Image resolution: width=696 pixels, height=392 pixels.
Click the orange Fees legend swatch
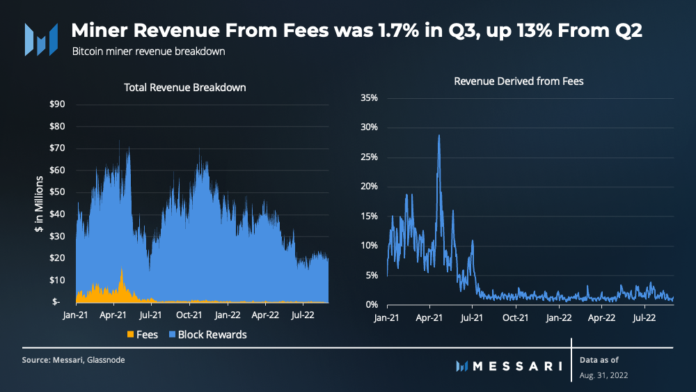coord(129,335)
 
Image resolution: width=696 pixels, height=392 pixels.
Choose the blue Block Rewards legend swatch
coord(170,335)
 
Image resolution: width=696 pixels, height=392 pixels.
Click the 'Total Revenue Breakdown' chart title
coord(185,88)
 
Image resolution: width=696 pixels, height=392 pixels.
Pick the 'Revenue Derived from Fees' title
coord(519,81)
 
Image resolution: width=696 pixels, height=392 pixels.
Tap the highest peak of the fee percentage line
coord(439,136)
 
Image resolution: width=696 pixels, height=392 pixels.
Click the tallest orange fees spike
coord(122,268)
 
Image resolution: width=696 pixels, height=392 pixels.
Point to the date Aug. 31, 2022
coord(604,375)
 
